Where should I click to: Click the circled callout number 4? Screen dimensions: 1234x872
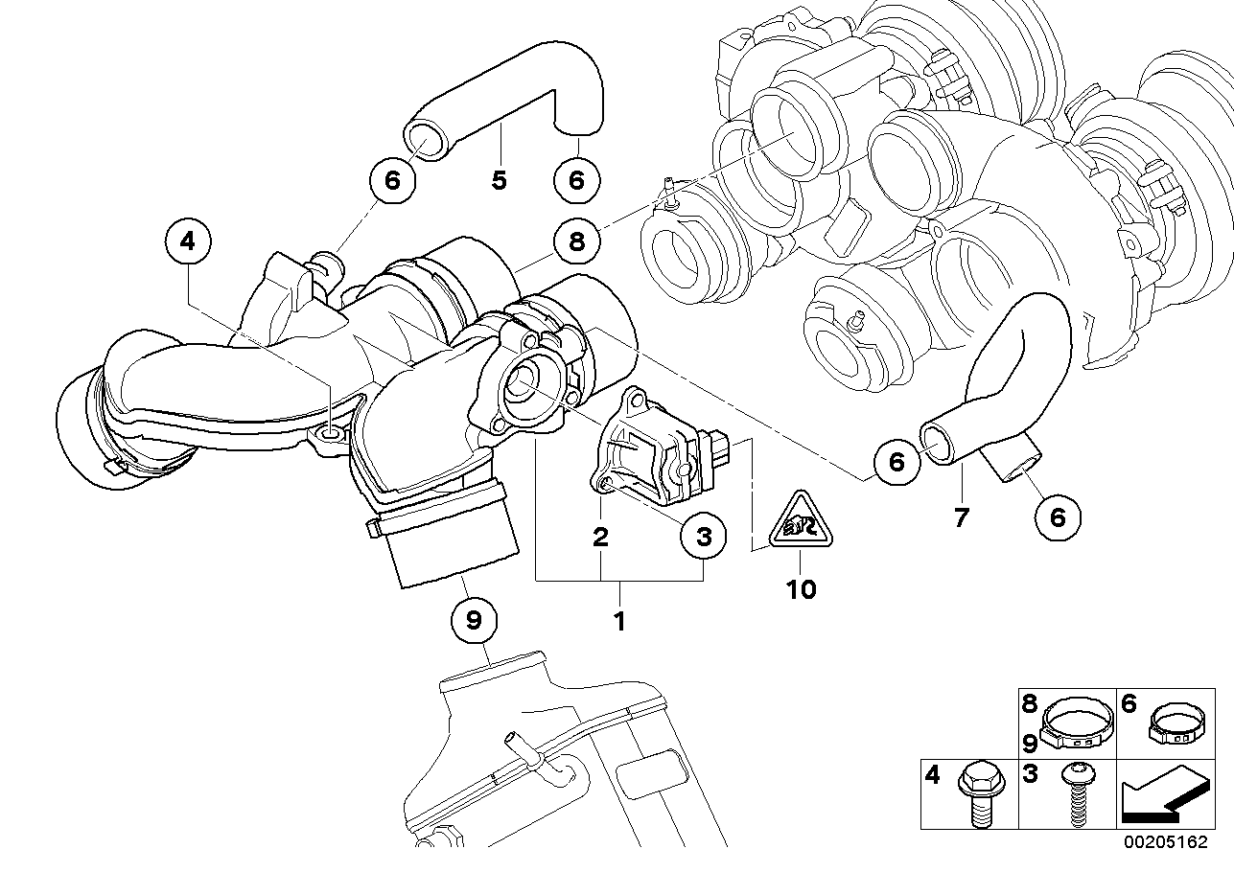187,241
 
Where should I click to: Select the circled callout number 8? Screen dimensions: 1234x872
577,241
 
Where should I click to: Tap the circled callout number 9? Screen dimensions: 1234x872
474,620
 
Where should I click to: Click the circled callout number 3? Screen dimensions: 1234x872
704,536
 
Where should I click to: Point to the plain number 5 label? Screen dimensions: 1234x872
499,180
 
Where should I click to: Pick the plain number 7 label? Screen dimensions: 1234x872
962,517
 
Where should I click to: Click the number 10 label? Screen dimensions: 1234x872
801,589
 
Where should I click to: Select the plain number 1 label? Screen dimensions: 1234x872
619,622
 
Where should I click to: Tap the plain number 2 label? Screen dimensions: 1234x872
600,536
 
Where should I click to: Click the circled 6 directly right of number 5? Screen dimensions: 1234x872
577,180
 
